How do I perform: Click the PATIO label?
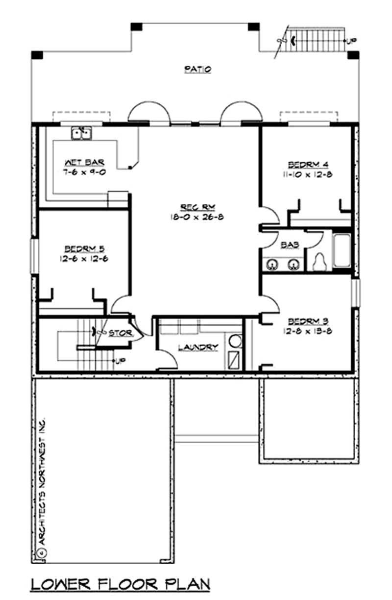pyautogui.click(x=197, y=70)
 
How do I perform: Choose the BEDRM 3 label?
pyautogui.click(x=308, y=321)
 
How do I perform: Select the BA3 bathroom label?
pyautogui.click(x=287, y=244)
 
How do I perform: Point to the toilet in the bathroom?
pyautogui.click(x=319, y=261)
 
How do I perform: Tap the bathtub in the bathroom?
pyautogui.click(x=342, y=251)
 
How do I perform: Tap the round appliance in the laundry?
pyautogui.click(x=236, y=341)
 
